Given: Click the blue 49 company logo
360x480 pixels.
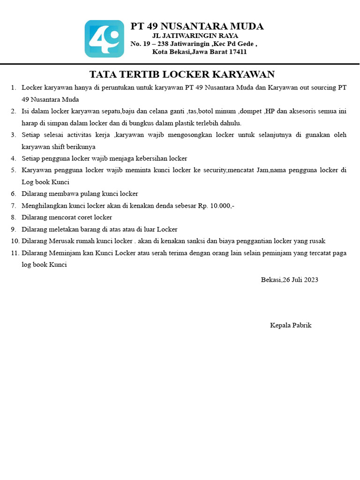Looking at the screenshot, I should (104, 39).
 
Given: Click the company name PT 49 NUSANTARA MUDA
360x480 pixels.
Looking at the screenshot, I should (197, 26).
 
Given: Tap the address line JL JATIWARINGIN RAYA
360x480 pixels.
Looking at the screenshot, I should (195, 36).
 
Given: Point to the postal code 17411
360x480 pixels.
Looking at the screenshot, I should (238, 52).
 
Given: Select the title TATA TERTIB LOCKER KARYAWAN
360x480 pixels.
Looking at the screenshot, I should (182, 75).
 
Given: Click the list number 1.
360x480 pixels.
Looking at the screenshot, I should (13, 88).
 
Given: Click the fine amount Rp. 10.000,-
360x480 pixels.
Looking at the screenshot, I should (216, 205).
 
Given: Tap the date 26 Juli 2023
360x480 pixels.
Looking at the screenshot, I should (300, 280).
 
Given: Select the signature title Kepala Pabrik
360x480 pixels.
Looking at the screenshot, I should (291, 325).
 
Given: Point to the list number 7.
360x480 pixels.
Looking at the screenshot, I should (13, 205).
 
